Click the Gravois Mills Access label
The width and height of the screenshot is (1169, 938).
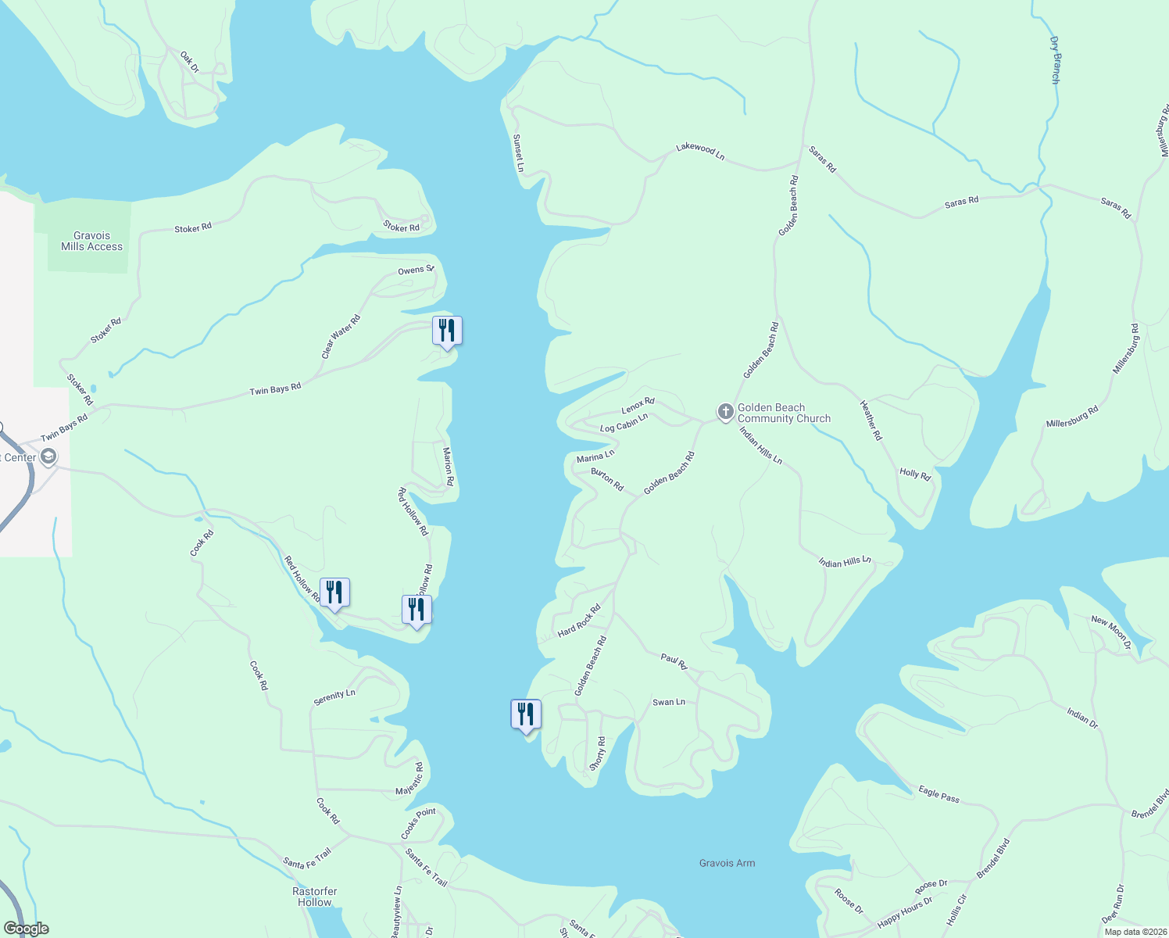click(x=91, y=241)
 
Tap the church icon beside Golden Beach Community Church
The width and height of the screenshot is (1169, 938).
click(x=725, y=411)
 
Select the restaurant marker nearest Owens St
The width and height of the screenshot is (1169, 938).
click(x=447, y=331)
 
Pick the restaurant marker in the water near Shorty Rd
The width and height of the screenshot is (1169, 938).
click(x=526, y=714)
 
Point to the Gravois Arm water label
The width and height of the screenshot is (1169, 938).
click(x=727, y=863)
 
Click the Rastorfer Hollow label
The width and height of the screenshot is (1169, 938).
click(x=315, y=897)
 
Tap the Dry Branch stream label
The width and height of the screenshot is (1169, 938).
click(x=1055, y=59)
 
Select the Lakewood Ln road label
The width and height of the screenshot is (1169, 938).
click(x=700, y=151)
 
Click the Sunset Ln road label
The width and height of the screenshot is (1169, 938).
click(x=518, y=153)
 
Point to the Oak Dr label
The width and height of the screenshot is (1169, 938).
click(x=189, y=62)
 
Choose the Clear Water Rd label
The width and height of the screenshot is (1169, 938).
click(x=341, y=337)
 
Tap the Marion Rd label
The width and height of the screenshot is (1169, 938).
click(x=448, y=466)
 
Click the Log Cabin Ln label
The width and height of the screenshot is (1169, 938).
click(x=624, y=424)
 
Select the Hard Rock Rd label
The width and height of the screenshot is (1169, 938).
click(x=579, y=621)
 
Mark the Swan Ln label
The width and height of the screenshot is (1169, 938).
click(x=669, y=702)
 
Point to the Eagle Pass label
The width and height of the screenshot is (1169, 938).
click(x=938, y=794)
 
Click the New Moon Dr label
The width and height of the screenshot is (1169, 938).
click(x=1110, y=632)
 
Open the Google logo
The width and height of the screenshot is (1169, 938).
click(x=27, y=929)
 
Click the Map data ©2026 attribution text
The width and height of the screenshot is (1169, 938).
click(x=1135, y=931)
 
